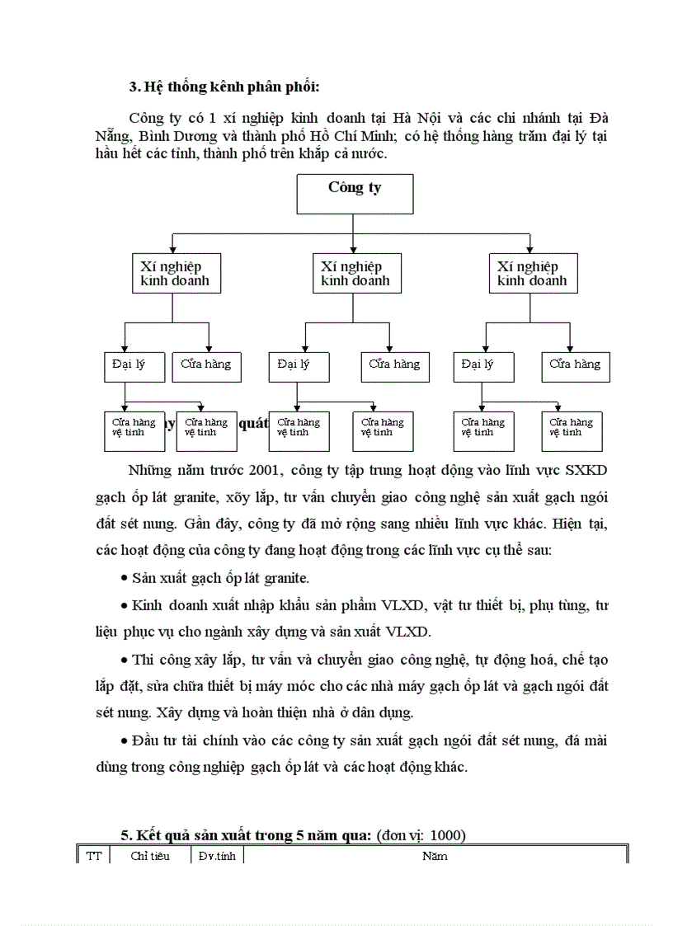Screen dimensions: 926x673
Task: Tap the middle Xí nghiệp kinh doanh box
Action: coord(353,274)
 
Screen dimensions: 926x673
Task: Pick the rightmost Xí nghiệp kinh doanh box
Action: coord(532,274)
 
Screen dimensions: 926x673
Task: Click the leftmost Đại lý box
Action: coord(134,367)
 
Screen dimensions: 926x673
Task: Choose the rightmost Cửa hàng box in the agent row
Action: coord(576,367)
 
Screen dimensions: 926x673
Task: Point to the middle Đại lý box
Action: coord(299,367)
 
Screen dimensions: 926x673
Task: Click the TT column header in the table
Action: coord(94,856)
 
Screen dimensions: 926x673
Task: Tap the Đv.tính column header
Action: coord(217,856)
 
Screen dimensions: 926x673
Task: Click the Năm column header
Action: coord(435,856)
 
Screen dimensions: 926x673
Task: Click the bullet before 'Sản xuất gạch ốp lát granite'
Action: coord(124,578)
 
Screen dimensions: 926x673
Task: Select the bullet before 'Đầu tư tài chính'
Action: coord(124,740)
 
